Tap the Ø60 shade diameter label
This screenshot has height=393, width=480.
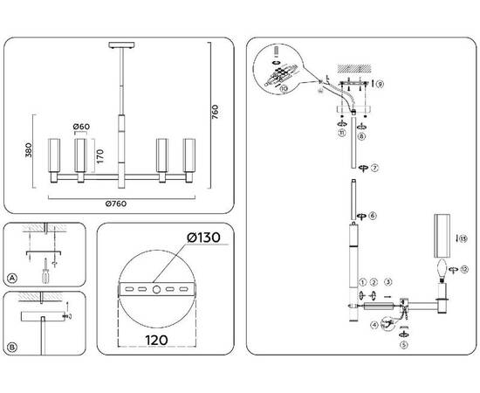[81, 128]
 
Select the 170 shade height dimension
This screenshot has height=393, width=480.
[102, 158]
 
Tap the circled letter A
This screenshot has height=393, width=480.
[12, 279]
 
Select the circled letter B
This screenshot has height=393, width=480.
[12, 348]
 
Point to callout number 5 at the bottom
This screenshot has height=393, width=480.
[404, 345]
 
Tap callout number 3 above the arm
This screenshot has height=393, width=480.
[388, 282]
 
